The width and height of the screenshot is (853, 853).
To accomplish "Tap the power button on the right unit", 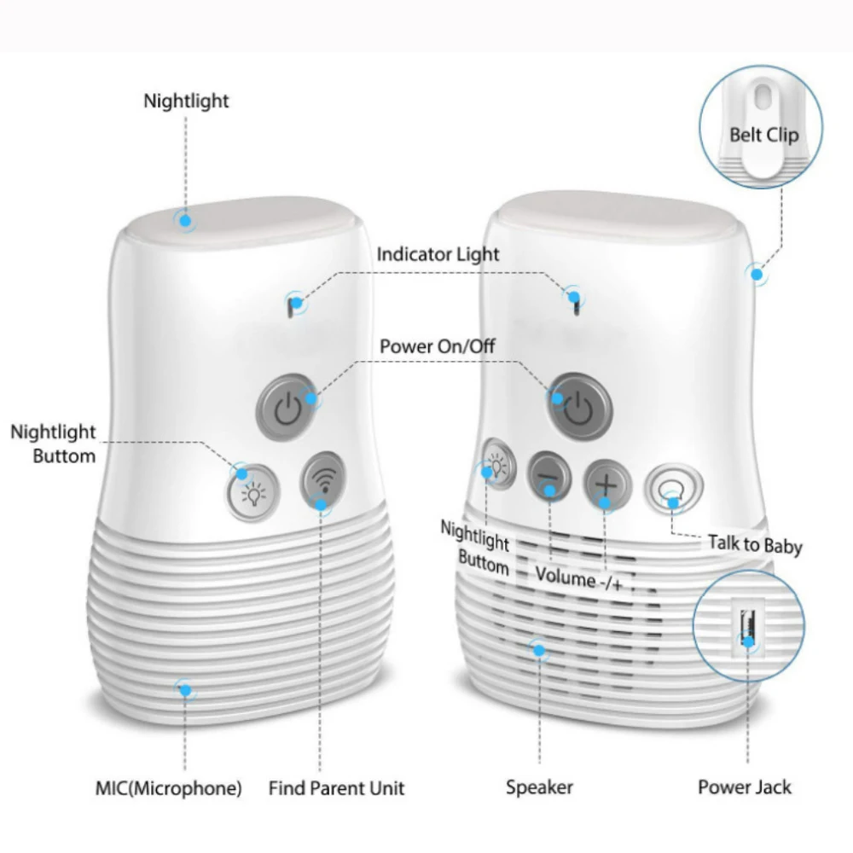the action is click(579, 402).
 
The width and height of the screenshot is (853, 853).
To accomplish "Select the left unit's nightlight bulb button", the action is click(252, 493).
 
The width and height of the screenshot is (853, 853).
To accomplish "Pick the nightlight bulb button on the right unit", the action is click(497, 465).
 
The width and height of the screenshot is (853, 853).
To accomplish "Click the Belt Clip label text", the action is click(763, 135).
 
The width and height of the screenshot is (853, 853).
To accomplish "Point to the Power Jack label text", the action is click(745, 786).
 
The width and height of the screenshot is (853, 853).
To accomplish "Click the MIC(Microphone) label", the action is click(168, 787).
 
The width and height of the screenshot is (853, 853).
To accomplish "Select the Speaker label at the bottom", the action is click(539, 787).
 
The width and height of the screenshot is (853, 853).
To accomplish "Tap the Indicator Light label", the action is click(438, 254).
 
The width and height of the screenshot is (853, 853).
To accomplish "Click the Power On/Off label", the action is click(437, 346).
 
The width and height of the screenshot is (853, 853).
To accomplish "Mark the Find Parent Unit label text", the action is click(336, 787).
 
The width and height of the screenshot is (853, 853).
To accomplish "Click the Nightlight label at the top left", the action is click(186, 101).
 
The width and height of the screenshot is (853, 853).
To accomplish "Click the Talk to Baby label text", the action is click(755, 543).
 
